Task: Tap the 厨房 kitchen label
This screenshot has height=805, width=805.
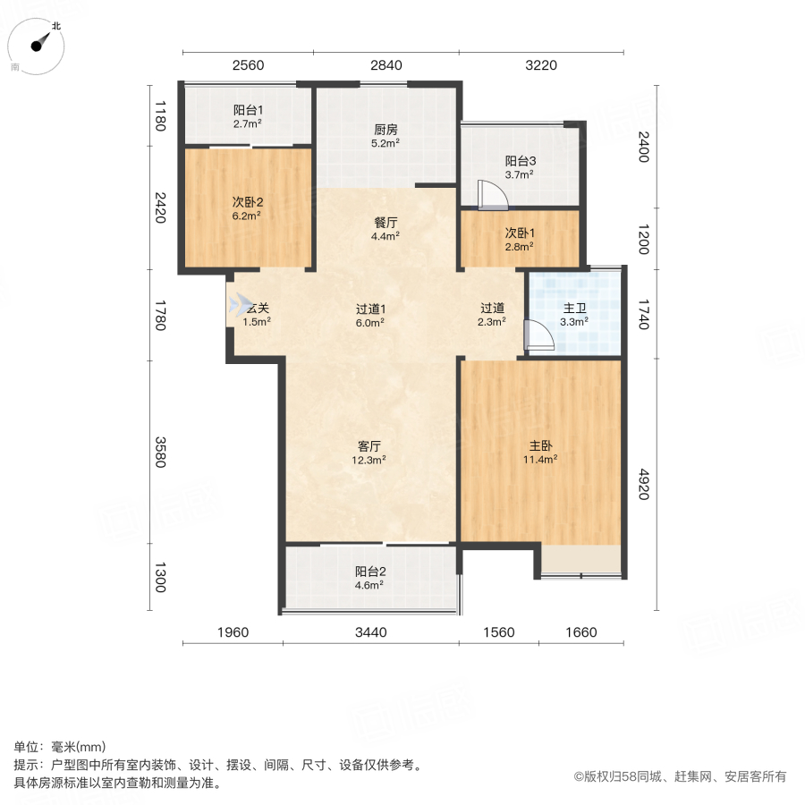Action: point(386,128)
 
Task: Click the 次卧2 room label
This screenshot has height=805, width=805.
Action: point(247,201)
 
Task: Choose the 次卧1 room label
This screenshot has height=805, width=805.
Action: point(519,233)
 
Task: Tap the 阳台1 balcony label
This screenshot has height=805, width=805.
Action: point(247,110)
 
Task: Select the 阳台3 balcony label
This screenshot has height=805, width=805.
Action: point(520,161)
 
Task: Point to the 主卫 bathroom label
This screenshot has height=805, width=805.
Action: point(574,308)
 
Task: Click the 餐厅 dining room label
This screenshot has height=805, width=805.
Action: point(386,223)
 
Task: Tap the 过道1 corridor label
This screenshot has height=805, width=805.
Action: point(369,308)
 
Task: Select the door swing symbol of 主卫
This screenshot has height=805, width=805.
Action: point(538,334)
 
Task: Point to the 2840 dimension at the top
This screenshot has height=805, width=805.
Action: point(386,64)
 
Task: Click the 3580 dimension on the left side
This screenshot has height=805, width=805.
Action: point(160,452)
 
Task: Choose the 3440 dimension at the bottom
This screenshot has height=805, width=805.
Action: point(370,632)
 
